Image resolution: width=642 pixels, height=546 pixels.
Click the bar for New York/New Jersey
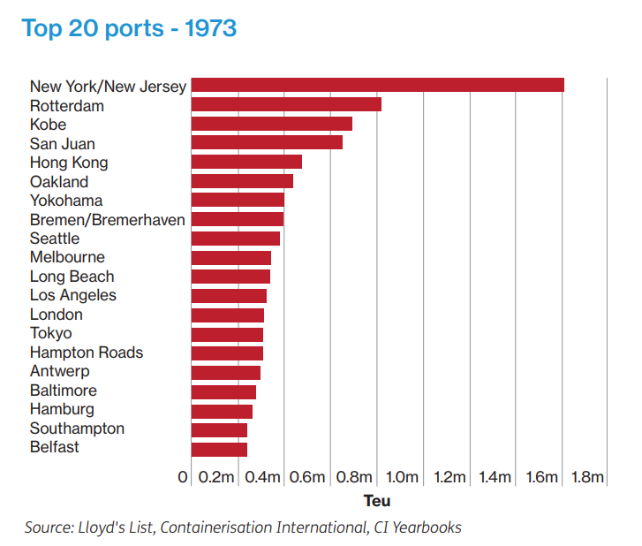377,86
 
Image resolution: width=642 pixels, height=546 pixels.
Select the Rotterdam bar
286,105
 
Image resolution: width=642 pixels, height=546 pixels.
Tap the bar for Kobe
271,124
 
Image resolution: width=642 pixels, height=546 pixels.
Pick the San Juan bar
267,143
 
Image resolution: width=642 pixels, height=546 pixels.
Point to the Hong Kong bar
246,162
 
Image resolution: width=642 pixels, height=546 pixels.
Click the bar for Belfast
219,448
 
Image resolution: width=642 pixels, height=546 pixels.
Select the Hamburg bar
222,410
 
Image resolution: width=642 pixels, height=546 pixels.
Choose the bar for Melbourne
230,257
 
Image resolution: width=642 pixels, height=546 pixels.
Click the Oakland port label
59,182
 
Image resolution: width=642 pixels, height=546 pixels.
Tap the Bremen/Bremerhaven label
108,220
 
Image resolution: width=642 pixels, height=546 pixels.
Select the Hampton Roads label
87,353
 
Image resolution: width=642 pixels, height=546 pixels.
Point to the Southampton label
77,428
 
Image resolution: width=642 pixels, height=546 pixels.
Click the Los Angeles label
73,295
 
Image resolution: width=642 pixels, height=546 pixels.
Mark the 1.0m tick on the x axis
402,478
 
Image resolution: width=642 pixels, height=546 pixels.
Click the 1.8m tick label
587,478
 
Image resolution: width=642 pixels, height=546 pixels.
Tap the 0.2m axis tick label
216,478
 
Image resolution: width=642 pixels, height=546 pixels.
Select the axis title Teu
377,501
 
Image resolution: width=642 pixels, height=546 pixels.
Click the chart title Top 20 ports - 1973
129,27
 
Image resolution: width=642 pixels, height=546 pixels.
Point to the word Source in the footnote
46,527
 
